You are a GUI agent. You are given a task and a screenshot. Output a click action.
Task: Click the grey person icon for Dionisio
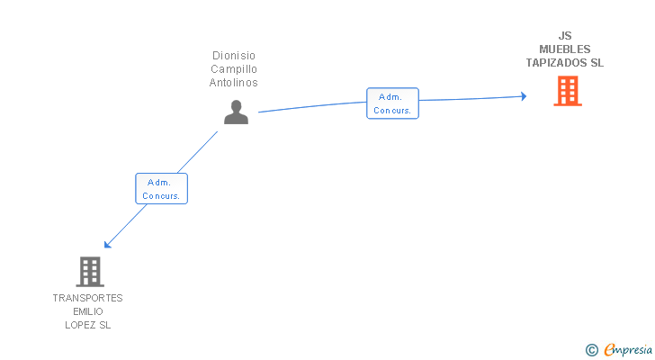click(236, 112)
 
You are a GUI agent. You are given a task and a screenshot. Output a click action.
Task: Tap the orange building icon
click(567, 91)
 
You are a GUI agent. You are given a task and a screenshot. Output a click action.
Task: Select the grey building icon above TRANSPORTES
click(89, 271)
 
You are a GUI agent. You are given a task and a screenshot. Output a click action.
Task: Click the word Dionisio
click(234, 56)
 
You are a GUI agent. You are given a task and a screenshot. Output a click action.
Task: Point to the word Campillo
click(234, 69)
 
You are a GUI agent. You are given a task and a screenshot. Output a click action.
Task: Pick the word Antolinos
click(234, 83)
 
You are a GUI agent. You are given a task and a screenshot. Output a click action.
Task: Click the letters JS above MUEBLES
click(565, 37)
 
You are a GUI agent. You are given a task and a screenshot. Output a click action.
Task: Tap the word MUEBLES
click(565, 49)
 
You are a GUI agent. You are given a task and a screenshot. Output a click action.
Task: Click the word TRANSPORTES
click(87, 298)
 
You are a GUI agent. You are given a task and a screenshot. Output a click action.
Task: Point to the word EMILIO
click(87, 311)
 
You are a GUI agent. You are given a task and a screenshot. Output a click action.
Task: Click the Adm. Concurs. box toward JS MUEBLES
click(392, 103)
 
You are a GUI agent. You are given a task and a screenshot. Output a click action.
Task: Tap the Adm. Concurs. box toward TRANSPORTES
click(162, 189)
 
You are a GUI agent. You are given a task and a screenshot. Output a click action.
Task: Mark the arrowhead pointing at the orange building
click(523, 96)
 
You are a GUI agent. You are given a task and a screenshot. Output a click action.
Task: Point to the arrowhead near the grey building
click(108, 243)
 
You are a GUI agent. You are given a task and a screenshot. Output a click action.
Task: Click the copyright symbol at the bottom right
click(592, 349)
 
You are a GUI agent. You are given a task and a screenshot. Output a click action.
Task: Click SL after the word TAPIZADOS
click(597, 63)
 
